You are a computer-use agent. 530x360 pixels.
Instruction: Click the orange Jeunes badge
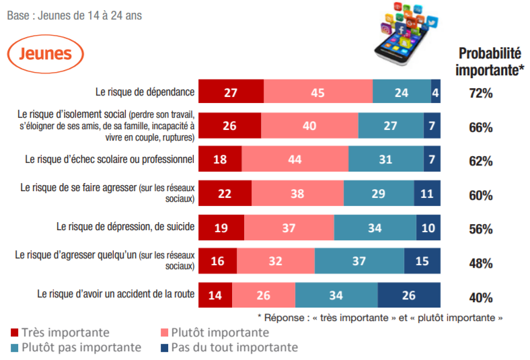coord(46,54)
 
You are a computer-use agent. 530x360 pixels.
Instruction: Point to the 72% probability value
coord(481,93)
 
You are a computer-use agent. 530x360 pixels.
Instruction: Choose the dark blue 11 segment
coord(427,194)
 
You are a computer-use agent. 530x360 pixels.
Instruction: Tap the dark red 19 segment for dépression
coord(222,227)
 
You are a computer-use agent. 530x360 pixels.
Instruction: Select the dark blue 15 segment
coord(422,261)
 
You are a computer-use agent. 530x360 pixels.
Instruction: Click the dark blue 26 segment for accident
coord(409,295)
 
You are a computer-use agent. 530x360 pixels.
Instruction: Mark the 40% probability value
coord(481,297)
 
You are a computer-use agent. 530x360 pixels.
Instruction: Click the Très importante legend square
coord(14,333)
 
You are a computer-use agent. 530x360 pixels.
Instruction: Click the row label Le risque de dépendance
coord(145,92)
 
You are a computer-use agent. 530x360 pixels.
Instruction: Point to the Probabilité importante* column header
coord(490,61)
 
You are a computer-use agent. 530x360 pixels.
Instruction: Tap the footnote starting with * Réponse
coord(380,317)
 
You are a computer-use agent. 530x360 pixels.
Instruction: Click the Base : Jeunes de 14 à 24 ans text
coord(74,15)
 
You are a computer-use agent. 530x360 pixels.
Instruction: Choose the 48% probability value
coord(481,263)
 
